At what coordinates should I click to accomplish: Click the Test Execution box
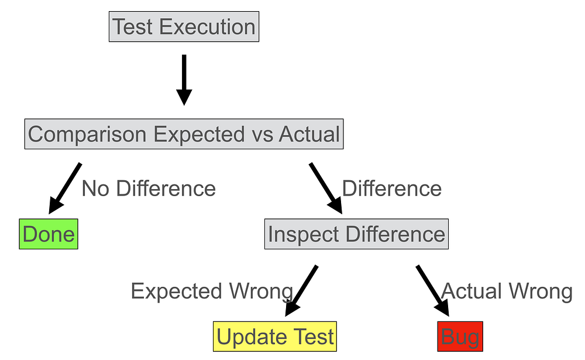point(184,28)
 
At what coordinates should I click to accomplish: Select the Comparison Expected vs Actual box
point(184,134)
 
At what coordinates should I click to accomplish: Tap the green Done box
point(49,234)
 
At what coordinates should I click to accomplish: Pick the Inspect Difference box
point(356,234)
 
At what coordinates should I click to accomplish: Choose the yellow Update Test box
point(275,337)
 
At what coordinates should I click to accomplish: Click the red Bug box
point(460,337)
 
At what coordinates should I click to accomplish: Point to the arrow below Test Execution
point(184,80)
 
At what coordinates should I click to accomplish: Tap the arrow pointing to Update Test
point(301,290)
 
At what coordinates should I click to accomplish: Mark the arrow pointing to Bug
point(432,290)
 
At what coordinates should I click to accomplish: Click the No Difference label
point(149,188)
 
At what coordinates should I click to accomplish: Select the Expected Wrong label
point(211,291)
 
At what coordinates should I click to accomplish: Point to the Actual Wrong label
point(507,291)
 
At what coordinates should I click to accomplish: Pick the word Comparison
point(88,134)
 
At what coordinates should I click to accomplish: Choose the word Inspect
point(303,234)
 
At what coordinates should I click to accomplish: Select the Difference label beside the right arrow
point(392,188)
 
